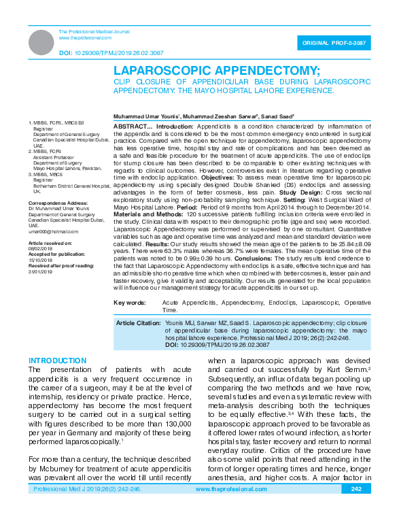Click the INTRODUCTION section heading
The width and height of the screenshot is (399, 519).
point(58,360)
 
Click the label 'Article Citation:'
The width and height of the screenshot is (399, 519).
point(139,322)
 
